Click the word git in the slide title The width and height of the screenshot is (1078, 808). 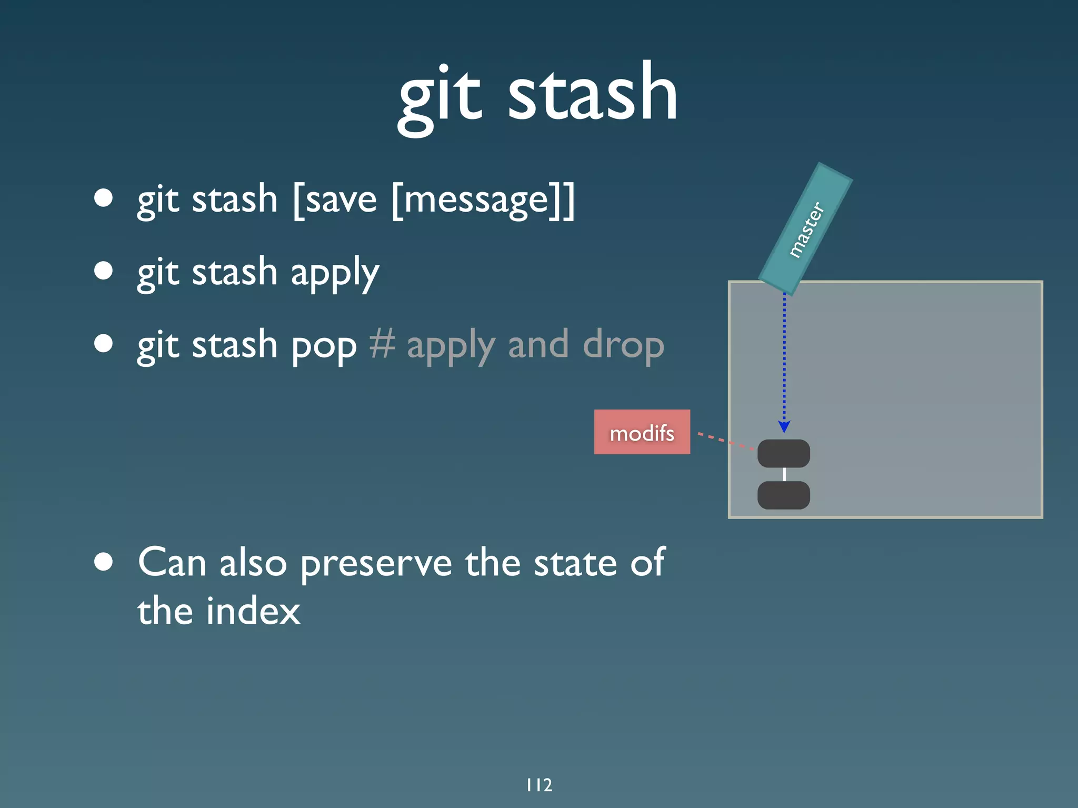(440, 97)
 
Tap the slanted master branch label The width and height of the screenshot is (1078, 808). (805, 230)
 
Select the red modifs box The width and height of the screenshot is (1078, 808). (642, 432)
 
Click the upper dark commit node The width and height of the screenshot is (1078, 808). (783, 453)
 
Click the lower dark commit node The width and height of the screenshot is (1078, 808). (783, 495)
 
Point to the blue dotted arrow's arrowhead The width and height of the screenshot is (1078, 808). (784, 426)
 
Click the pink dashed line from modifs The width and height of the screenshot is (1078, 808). (725, 441)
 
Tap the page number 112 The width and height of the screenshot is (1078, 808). (539, 785)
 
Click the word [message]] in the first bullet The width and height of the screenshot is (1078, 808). (483, 200)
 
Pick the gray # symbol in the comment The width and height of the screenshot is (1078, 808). (382, 345)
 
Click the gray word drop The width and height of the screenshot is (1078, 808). (623, 346)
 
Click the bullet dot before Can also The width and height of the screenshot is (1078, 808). (104, 561)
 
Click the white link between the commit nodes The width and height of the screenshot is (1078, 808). (784, 474)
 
